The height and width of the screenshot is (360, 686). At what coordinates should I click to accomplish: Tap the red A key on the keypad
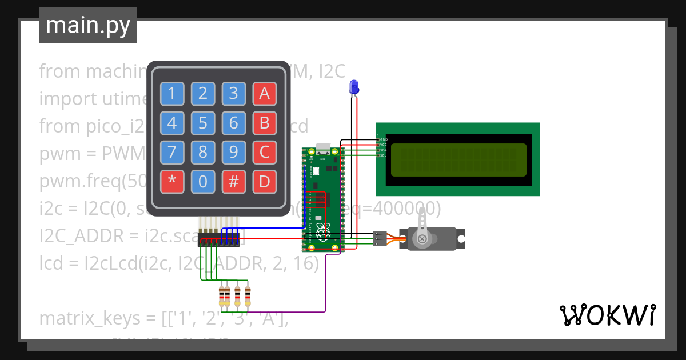[x=264, y=94]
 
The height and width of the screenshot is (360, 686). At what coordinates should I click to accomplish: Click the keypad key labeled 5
[x=202, y=123]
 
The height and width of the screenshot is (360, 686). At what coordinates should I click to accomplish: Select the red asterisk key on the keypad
[x=172, y=182]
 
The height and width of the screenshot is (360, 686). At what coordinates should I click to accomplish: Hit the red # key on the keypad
[x=233, y=182]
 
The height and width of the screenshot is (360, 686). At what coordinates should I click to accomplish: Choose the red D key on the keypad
[x=264, y=182]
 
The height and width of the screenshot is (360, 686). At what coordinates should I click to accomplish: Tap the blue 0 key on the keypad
[x=202, y=182]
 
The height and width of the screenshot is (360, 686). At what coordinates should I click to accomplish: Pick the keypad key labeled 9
[x=233, y=153]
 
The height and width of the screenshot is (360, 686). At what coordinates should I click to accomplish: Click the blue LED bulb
[x=354, y=87]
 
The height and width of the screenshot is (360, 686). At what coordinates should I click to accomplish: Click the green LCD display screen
[x=458, y=159]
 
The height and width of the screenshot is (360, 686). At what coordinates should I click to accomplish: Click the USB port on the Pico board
[x=323, y=147]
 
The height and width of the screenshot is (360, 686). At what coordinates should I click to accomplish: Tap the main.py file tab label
[x=88, y=26]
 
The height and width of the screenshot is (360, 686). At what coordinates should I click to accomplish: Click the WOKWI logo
[x=607, y=315]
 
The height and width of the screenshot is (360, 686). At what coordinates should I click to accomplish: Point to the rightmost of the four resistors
[x=248, y=295]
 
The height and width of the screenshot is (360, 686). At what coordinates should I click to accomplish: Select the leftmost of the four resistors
[x=222, y=295]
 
